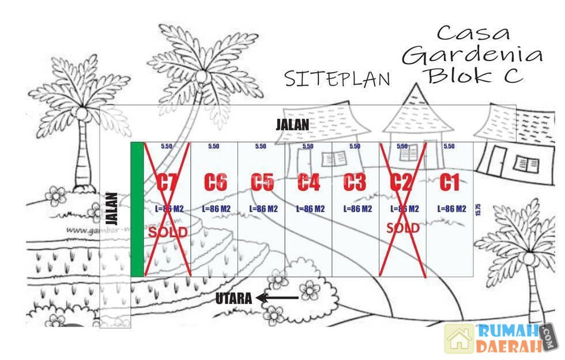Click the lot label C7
(x=167, y=182)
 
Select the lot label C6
(x=214, y=182)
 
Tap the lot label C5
(x=262, y=182)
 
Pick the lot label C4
(x=309, y=182)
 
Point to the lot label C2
(x=401, y=182)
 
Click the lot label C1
(x=449, y=182)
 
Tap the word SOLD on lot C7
(x=168, y=232)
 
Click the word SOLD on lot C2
(x=402, y=228)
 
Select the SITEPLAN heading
(x=337, y=78)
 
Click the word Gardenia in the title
(x=472, y=55)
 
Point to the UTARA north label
(x=233, y=299)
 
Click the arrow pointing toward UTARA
(x=277, y=298)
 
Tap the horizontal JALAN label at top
(x=292, y=125)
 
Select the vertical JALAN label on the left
(x=113, y=208)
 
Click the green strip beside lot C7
(x=137, y=209)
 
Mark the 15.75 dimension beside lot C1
(x=477, y=209)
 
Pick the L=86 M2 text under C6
(x=216, y=209)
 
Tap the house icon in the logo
(x=459, y=339)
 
